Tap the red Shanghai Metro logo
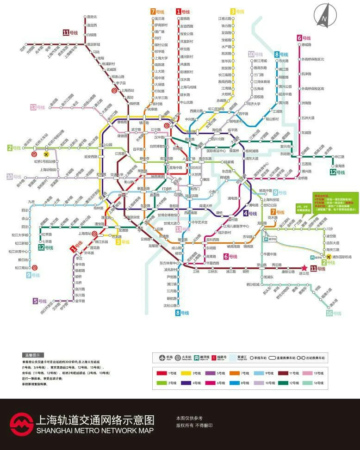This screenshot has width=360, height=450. (x=21, y=424)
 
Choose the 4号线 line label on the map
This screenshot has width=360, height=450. (x=250, y=214)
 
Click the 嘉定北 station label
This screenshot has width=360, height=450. (x=92, y=17)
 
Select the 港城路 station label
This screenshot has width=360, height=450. (x=306, y=45)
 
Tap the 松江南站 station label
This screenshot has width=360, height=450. (x=21, y=268)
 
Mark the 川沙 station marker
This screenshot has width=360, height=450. (x=323, y=229)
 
